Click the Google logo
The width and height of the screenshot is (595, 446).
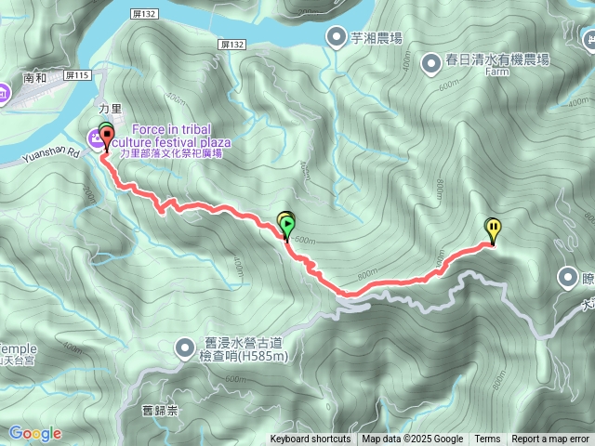tap(35, 433)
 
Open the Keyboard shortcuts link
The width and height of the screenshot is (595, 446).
tap(311, 439)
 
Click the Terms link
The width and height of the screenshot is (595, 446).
tap(487, 439)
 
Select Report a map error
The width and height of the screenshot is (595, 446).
tap(550, 439)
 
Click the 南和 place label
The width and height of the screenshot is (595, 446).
tap(34, 79)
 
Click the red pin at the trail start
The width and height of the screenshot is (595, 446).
tap(105, 138)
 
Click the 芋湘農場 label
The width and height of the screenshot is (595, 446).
tap(377, 38)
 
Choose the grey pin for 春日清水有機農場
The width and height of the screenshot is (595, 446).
tap(431, 62)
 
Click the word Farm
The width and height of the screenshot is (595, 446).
tap(497, 72)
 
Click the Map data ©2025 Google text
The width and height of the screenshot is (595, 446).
tap(413, 439)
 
